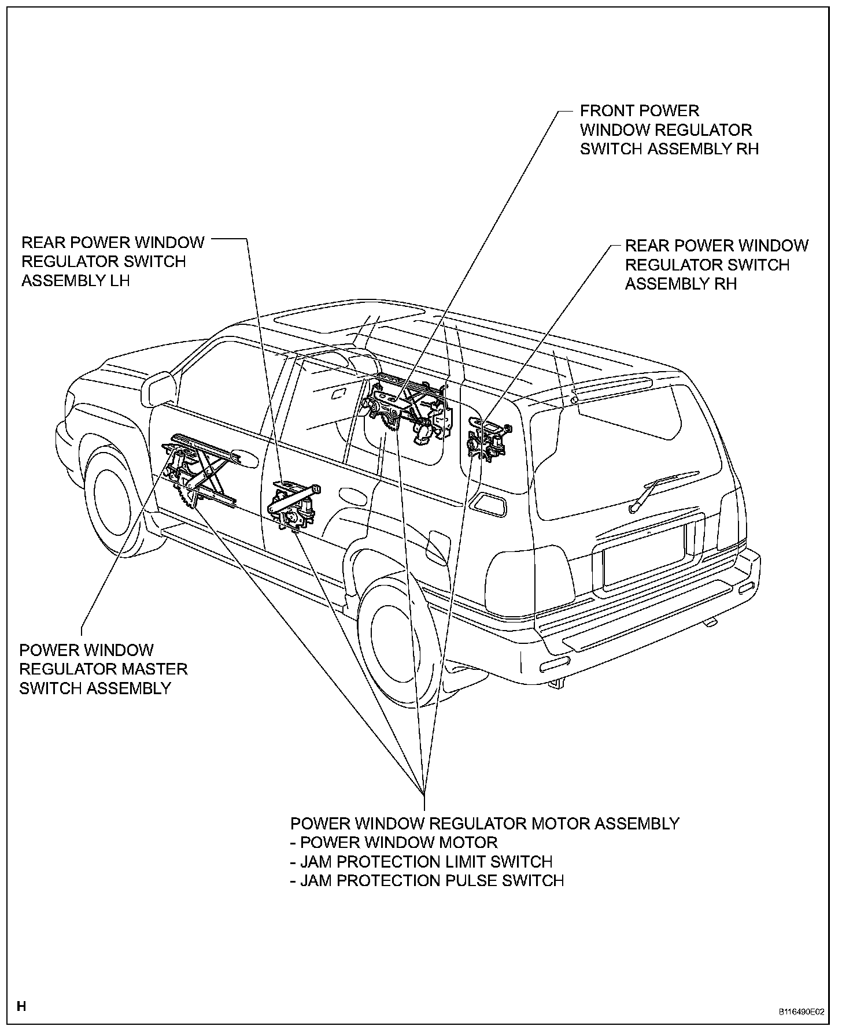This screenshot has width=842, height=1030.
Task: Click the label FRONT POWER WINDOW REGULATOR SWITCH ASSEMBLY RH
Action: click(669, 130)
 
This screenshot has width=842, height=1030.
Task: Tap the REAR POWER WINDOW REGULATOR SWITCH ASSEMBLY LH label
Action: click(113, 261)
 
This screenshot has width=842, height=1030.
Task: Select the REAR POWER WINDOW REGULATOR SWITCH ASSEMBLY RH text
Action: click(716, 265)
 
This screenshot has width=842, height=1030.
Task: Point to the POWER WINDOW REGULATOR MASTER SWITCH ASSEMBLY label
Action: click(104, 669)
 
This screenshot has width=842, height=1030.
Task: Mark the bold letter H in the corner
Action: click(21, 1007)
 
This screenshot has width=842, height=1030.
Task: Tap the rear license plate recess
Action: click(643, 557)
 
